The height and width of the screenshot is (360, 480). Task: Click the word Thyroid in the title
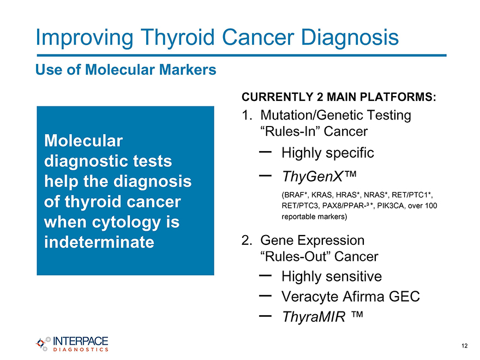[178, 38]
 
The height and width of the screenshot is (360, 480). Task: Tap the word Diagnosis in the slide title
[350, 37]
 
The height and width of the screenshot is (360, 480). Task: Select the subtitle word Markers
[188, 69]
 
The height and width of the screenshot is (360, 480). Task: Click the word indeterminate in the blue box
[99, 242]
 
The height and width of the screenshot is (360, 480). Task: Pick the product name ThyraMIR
[314, 316]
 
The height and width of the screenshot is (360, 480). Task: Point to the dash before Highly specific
[265, 152]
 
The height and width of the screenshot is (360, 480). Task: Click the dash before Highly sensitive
[265, 275]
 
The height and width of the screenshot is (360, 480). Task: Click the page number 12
[464, 346]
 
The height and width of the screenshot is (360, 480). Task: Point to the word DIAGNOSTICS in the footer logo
[81, 350]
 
